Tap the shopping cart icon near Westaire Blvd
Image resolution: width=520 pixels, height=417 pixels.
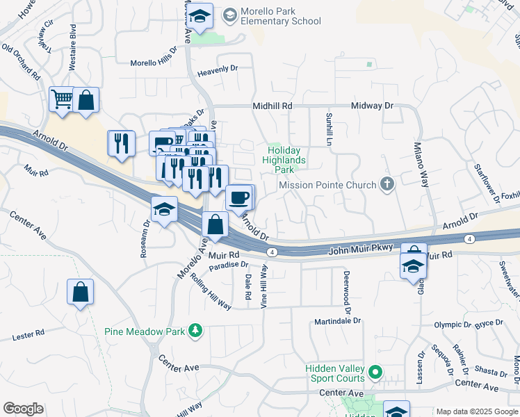(x=62, y=99)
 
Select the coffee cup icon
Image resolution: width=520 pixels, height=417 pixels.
(x=238, y=197)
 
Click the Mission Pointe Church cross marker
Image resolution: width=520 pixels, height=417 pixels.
(x=387, y=184)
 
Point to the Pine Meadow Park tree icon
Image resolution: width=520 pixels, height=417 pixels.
(x=197, y=331)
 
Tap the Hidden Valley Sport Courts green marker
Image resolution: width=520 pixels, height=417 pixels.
(x=375, y=373)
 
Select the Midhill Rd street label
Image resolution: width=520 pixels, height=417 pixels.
(x=272, y=106)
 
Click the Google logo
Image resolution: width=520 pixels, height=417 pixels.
(x=23, y=409)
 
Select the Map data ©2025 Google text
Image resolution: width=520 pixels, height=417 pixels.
(x=476, y=411)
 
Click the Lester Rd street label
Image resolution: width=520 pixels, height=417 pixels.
(x=29, y=336)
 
